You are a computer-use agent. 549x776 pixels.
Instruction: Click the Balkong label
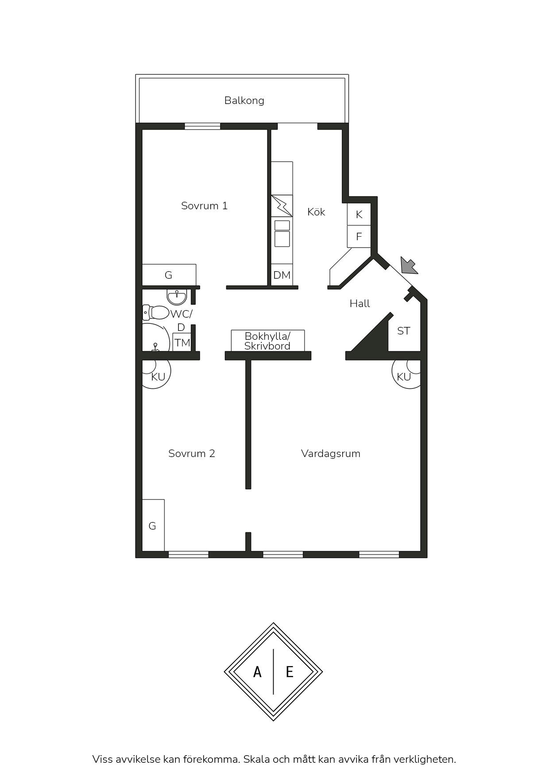pyautogui.click(x=244, y=100)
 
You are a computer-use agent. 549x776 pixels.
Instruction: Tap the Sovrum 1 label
pyautogui.click(x=204, y=206)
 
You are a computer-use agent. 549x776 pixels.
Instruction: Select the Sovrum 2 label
pyautogui.click(x=192, y=453)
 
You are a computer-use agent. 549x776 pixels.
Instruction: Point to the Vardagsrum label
pyautogui.click(x=331, y=453)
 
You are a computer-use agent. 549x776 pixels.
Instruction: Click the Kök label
pyautogui.click(x=316, y=212)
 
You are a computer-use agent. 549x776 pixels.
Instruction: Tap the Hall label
pyautogui.click(x=360, y=303)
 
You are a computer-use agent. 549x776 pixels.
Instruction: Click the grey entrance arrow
pyautogui.click(x=408, y=265)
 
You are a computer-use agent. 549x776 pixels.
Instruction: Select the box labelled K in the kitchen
pyautogui.click(x=359, y=214)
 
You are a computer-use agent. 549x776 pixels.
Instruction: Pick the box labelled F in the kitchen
pyautogui.click(x=359, y=237)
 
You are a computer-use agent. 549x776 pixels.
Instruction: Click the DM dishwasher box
pyautogui.click(x=282, y=275)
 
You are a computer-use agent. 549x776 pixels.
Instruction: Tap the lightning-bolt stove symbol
pyautogui.click(x=282, y=206)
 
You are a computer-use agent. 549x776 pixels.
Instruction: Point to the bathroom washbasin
pyautogui.click(x=177, y=296)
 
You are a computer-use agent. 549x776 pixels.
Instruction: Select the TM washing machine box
pyautogui.click(x=182, y=342)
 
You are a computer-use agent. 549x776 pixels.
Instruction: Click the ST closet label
pyautogui.click(x=403, y=331)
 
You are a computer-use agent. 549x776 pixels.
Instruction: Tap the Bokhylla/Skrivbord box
pyautogui.click(x=268, y=341)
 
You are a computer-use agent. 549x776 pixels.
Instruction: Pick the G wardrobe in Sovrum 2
pyautogui.click(x=153, y=526)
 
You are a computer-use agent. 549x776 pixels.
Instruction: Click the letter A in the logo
pyautogui.click(x=257, y=672)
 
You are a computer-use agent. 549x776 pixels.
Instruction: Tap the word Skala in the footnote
pyautogui.click(x=256, y=759)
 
